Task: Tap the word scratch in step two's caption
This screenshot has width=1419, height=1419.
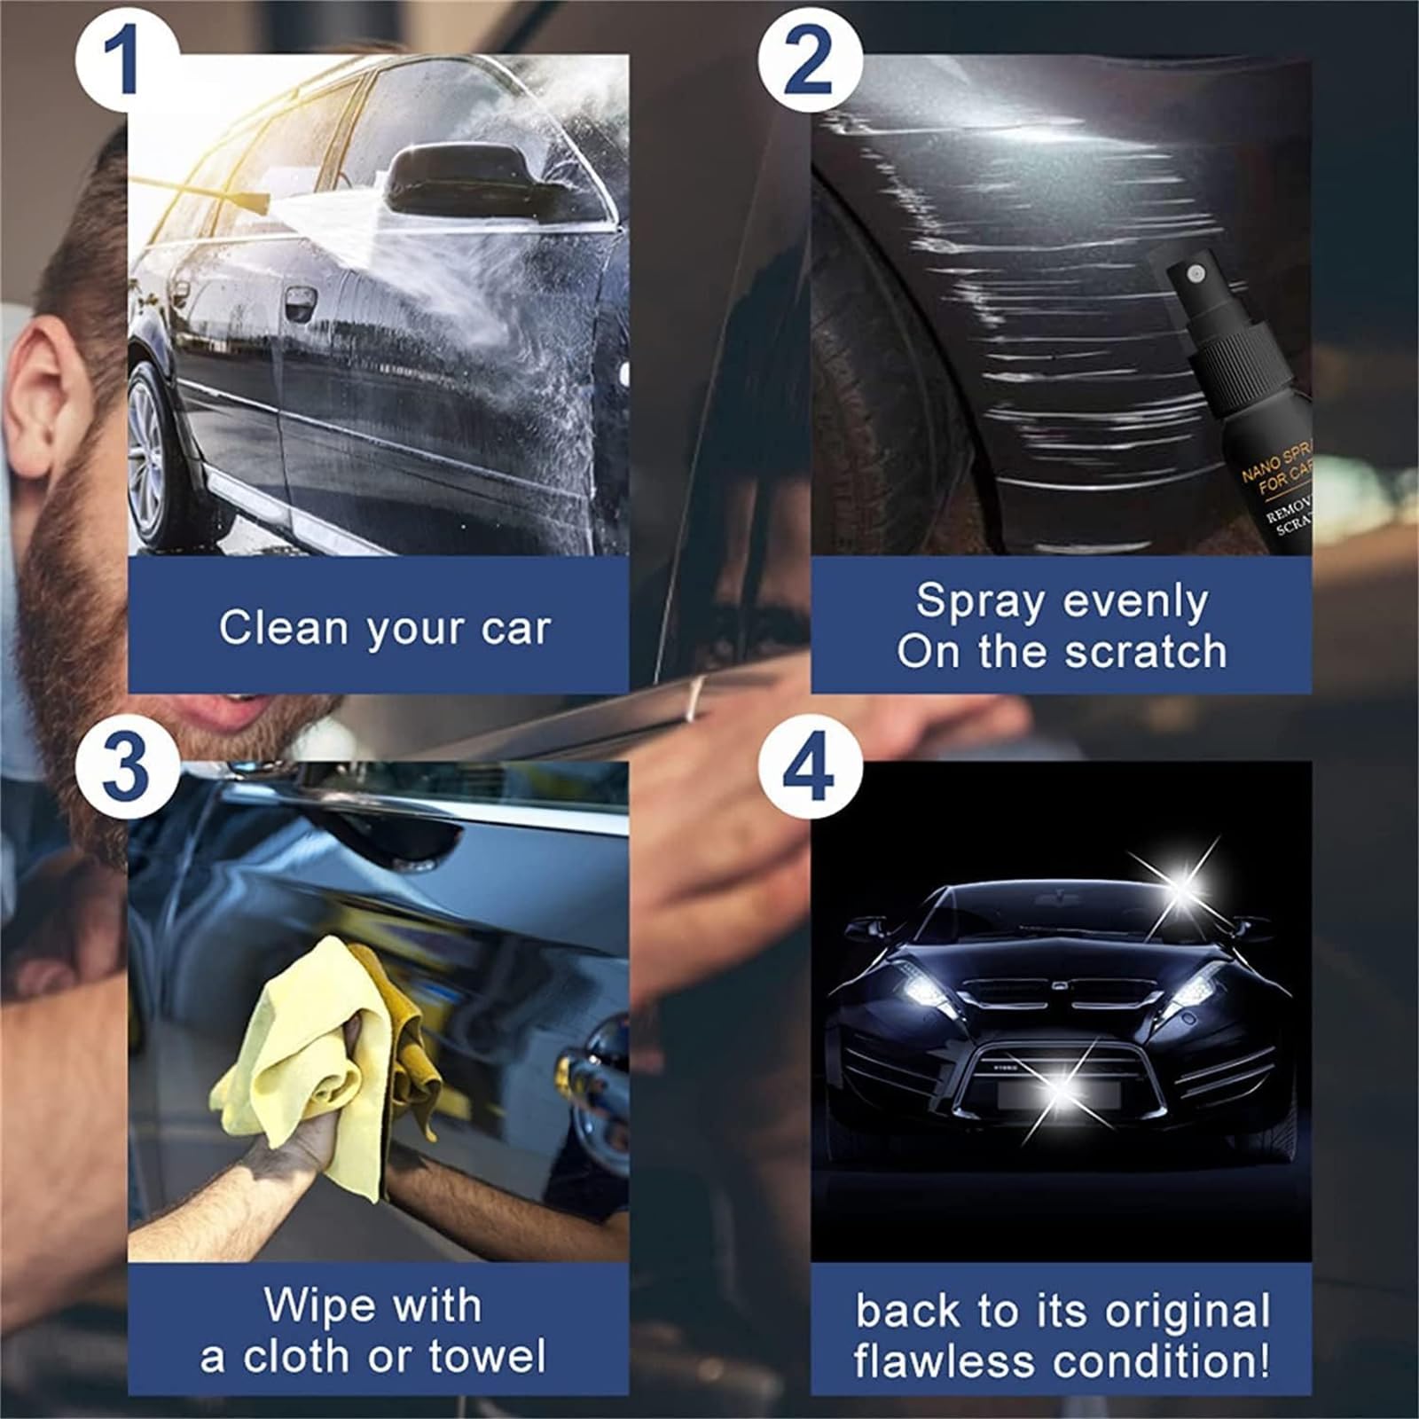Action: [1145, 652]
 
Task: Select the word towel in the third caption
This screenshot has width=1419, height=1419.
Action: [487, 1356]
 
